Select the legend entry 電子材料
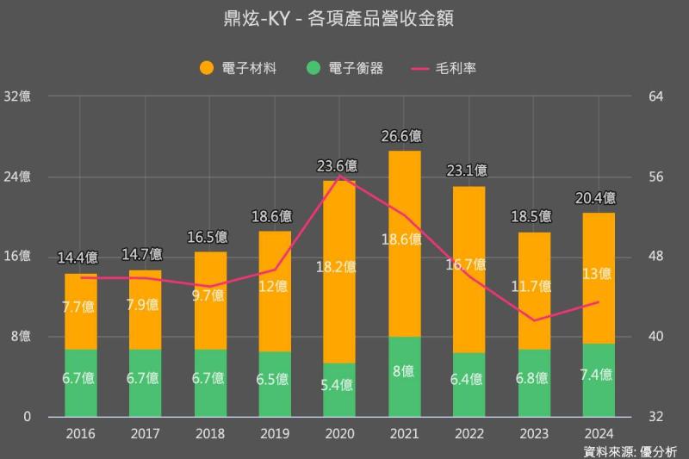238,68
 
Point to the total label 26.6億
404,136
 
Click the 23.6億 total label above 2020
338,166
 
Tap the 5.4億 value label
338,384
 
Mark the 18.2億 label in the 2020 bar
338,267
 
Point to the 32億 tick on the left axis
17,96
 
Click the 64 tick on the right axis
655,96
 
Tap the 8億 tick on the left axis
21,336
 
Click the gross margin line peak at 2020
339,176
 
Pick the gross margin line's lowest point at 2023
534,320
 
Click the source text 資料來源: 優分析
630,450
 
